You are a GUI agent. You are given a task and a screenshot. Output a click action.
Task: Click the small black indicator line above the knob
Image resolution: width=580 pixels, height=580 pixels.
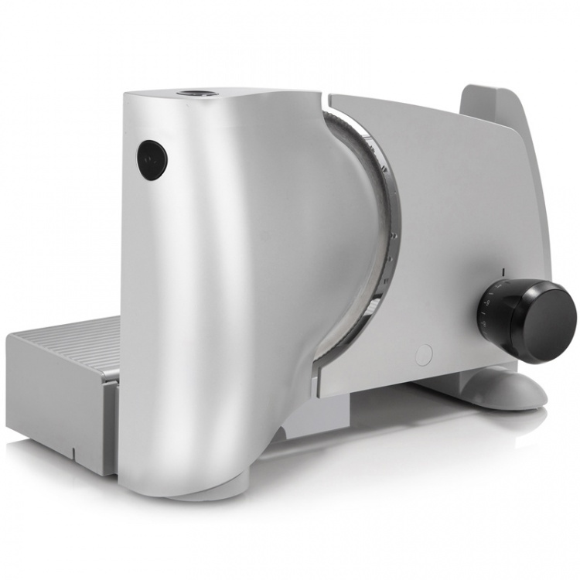click(x=503, y=272)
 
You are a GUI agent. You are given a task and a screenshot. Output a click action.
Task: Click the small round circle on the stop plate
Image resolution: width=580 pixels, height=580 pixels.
click(x=424, y=354)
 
